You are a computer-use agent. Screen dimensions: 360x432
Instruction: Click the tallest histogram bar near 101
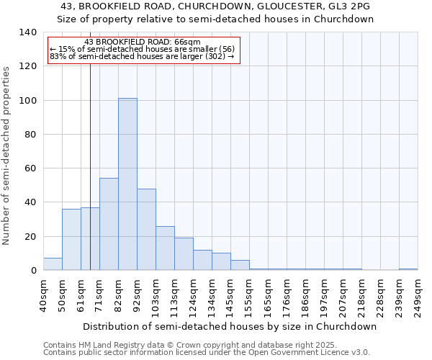(127, 184)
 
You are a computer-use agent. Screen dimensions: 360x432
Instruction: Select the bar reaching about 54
(109, 224)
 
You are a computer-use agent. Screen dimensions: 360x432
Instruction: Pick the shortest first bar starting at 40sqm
(53, 264)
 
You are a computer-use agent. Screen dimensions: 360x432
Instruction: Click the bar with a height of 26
(165, 248)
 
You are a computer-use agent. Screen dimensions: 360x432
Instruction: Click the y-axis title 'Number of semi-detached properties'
(6, 156)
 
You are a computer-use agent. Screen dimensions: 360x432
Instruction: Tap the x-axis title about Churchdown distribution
(230, 326)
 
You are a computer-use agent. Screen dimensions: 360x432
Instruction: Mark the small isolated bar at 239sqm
(408, 269)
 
